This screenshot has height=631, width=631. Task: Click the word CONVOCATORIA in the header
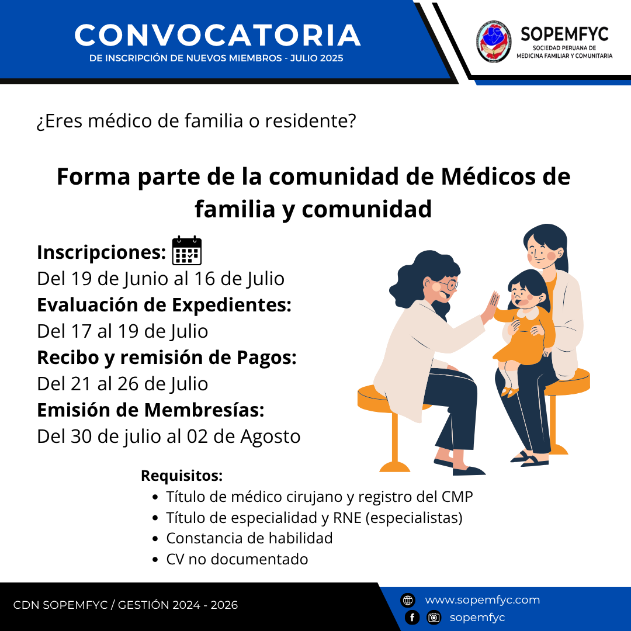217,35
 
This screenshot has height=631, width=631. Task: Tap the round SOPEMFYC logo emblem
494,41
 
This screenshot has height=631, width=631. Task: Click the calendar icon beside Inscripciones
187,251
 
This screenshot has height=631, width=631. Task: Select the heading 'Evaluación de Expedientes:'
164,304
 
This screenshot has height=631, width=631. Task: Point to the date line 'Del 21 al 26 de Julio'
122,383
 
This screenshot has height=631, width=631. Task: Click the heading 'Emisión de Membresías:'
151,410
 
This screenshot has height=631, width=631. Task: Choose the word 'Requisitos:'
182,476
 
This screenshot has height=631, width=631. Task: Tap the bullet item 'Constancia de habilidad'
249,538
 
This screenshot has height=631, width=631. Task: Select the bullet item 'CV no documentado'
237,559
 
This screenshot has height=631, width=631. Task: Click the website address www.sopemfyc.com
483,599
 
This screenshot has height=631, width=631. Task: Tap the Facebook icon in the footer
412,618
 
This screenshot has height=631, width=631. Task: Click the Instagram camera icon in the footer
434,618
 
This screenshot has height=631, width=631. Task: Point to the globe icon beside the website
408,600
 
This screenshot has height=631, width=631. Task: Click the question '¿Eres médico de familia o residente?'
196,121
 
